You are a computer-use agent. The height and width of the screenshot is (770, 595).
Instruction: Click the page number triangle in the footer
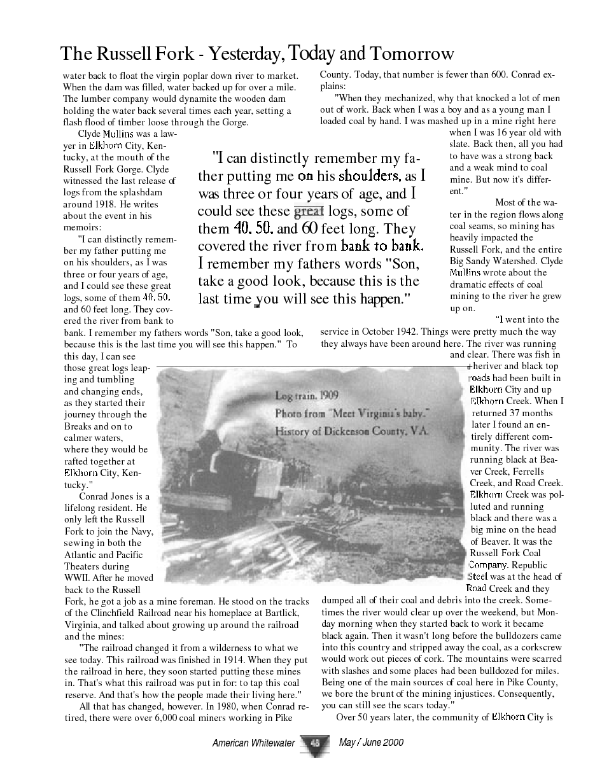[x=316, y=744]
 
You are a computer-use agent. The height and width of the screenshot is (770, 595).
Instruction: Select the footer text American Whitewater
[x=253, y=743]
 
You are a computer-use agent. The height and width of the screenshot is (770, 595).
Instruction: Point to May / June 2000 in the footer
[x=371, y=742]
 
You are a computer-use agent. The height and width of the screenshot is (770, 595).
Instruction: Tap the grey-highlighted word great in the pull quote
[x=309, y=211]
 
